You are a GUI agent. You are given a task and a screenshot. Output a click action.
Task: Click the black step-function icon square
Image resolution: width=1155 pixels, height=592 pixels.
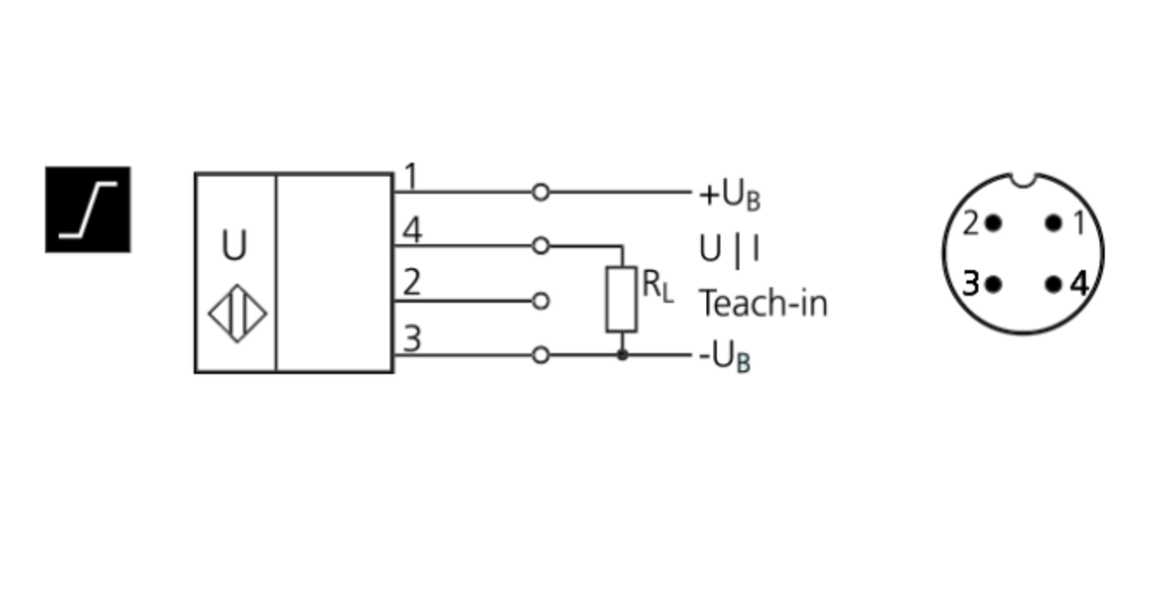tap(89, 209)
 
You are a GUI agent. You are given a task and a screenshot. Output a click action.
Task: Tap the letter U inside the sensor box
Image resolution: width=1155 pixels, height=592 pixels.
tap(234, 245)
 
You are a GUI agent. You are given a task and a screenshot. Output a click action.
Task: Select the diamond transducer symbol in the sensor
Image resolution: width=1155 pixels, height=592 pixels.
tap(237, 313)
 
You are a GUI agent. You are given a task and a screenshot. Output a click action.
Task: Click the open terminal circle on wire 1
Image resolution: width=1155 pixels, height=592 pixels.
tap(541, 192)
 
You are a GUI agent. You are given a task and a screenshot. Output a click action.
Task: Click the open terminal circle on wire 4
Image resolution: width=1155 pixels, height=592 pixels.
tap(541, 246)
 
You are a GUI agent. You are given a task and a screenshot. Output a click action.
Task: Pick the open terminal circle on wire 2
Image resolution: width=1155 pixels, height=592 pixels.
tap(541, 301)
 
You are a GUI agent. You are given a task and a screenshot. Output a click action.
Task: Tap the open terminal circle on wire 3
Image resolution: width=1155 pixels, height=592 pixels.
tap(541, 356)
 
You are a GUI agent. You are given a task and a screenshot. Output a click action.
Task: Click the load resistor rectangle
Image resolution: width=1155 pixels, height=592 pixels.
tap(622, 299)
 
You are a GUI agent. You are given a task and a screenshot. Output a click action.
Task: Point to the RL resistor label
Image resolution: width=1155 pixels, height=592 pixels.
tap(658, 286)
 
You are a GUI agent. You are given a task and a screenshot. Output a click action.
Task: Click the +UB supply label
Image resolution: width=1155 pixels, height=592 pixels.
tap(730, 195)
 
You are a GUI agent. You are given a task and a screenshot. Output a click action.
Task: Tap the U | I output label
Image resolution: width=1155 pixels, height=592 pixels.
tap(729, 249)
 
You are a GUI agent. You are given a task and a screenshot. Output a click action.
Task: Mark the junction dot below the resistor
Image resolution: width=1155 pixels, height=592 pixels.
tap(622, 355)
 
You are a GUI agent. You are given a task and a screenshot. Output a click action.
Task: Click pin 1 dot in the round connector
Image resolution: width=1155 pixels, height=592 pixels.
tap(1053, 223)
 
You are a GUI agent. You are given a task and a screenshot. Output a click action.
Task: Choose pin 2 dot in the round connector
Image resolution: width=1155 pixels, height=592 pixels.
tap(993, 223)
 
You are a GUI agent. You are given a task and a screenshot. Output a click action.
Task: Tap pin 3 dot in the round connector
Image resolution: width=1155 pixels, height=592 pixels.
tap(993, 284)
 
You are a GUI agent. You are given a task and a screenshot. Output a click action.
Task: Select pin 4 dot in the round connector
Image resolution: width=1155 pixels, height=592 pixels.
tap(1053, 284)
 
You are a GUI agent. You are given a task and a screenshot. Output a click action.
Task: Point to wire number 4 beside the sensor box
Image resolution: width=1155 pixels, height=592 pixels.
tap(413, 229)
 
